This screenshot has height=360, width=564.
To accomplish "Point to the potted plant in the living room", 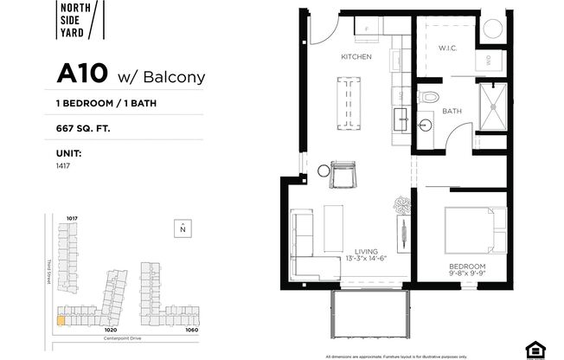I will tap(403, 205).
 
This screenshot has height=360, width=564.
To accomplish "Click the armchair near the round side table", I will tap(343, 175).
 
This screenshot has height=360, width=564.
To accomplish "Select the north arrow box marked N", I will tap(183, 229).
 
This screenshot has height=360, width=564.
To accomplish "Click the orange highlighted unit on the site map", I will tap(60, 319).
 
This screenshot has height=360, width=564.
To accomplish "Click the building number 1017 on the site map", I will tap(73, 217).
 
